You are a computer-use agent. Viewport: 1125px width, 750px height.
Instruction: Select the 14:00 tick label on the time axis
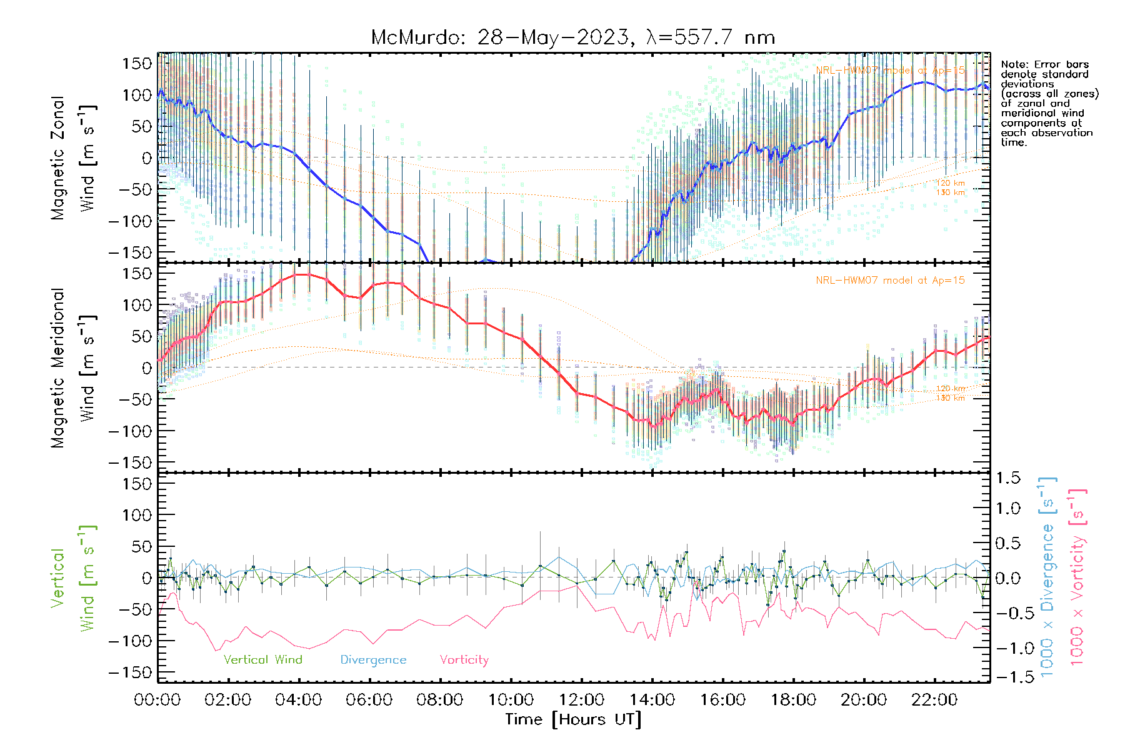pos(652,700)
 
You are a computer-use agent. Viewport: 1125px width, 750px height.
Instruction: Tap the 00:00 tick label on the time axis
pos(157,700)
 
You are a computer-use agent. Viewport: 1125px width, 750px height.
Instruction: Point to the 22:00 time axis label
pos(934,700)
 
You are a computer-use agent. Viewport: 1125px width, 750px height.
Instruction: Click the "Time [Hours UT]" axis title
pos(573,719)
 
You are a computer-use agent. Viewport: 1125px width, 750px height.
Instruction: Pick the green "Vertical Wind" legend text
pos(262,660)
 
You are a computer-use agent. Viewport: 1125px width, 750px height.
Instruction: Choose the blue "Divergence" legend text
pos(373,660)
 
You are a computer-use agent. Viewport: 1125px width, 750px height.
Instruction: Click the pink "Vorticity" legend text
pos(464,660)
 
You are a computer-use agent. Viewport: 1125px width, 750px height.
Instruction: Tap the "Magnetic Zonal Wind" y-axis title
pos(73,157)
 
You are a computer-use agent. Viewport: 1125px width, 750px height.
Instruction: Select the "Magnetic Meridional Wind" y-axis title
pos(73,367)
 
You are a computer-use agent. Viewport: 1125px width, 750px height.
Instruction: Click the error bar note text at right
pos(1049,103)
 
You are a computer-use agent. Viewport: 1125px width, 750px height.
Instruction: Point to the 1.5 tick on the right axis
pos(1007,478)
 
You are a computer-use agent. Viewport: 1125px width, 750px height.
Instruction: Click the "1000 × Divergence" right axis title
pos(1047,576)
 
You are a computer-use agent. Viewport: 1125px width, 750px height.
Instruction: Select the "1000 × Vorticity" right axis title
pos(1077,576)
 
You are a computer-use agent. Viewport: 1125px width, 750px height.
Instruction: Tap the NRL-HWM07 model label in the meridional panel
pos(890,281)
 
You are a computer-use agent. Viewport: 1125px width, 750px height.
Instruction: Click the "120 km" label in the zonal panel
pos(950,183)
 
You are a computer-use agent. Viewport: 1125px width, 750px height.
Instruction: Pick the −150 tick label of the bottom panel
pos(131,673)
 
